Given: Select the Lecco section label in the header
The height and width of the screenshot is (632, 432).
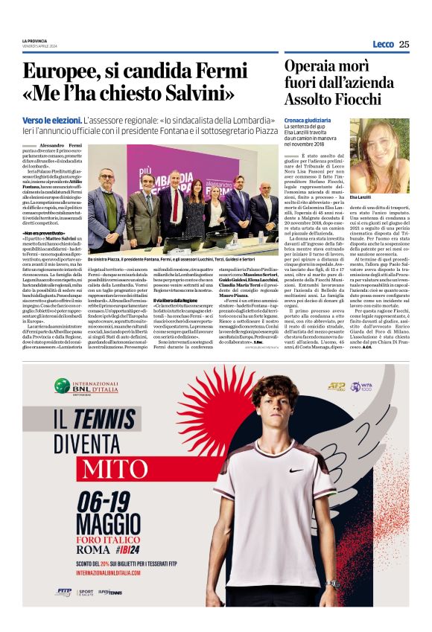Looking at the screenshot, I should [x=383, y=44].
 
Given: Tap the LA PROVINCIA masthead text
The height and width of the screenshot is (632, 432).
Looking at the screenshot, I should [x=35, y=41].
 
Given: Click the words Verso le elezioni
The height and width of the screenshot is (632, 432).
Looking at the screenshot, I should [x=50, y=120].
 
